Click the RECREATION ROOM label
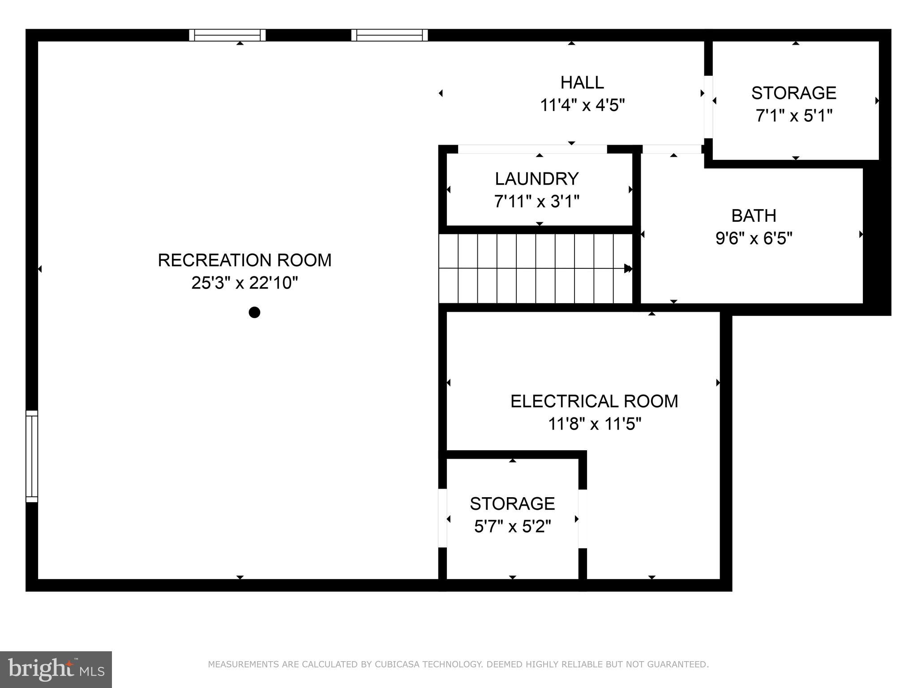pos(244,260)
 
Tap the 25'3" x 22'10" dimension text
pos(244,283)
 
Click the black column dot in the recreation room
pos(254,312)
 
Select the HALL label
pos(582,82)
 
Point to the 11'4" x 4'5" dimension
pos(582,106)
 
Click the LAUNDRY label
pos(537,179)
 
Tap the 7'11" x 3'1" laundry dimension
pos(537,202)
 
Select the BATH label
pos(754,216)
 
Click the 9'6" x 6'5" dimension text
pos(754,238)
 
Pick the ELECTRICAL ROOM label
pos(594,401)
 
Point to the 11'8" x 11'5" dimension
pos(594,424)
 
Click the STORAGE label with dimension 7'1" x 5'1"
pos(793,93)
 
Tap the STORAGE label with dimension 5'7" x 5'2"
pos(512,504)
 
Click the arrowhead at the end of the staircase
pos(628,269)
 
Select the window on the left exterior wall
pos(32,456)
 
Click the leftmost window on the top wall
pos(227,35)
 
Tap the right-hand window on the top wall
pos(390,35)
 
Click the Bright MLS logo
pos(56,670)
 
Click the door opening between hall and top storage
pos(708,107)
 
